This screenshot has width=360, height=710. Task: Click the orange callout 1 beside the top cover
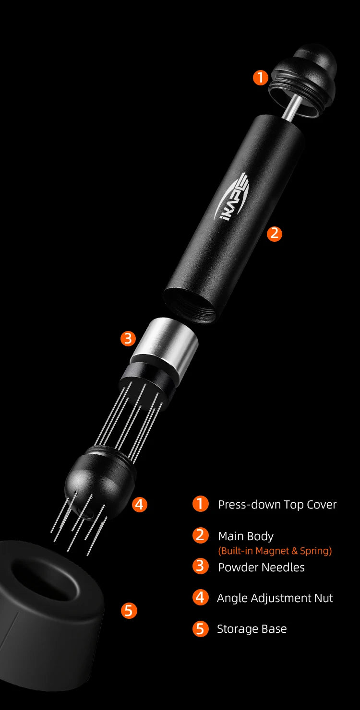[260, 77]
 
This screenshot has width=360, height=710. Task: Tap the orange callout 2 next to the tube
[274, 234]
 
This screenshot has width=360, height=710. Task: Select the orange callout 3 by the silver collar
[128, 339]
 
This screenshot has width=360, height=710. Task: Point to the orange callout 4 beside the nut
[139, 504]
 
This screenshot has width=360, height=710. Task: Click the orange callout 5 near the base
[128, 611]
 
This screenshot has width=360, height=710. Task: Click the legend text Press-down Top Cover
[277, 505]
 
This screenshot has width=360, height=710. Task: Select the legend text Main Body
[246, 536]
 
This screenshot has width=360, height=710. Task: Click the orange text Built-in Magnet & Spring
[275, 551]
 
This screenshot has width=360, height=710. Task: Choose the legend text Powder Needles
[261, 567]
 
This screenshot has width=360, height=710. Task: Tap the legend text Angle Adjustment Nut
[275, 598]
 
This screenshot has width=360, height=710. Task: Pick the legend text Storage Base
[252, 629]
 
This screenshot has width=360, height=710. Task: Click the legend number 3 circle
[200, 566]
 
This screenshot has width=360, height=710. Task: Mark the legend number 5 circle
[200, 628]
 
